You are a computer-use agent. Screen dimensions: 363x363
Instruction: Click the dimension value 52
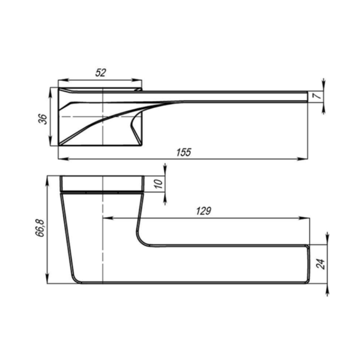101,73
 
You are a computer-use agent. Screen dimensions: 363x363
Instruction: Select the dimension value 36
43,119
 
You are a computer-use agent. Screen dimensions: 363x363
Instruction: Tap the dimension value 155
184,152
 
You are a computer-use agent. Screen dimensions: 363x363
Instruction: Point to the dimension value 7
318,95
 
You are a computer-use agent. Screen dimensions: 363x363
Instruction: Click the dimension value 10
159,184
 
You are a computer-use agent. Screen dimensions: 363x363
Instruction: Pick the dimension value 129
204,211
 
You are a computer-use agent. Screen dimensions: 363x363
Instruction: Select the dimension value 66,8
40,228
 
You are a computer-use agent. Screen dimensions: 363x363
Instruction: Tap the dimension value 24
321,264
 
